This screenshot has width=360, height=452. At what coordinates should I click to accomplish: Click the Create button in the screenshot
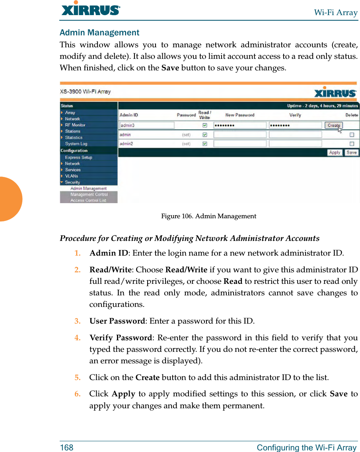[333, 125]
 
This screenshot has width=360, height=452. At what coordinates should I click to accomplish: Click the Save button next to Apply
[351, 153]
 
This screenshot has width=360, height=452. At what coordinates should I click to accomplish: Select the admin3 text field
[147, 125]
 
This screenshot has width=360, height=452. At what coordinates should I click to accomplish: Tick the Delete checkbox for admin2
[352, 144]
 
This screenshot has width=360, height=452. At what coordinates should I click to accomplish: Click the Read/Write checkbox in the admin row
[204, 135]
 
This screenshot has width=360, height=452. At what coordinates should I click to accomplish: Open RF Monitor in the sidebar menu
[75, 125]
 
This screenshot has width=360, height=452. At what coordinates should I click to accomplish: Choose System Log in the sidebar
[76, 144]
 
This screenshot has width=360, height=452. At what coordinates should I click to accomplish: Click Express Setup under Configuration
[78, 157]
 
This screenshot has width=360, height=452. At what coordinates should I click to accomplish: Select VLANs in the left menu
[72, 176]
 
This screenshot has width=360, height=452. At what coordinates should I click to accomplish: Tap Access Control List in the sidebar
[88, 200]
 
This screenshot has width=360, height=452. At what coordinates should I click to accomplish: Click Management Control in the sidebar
[89, 194]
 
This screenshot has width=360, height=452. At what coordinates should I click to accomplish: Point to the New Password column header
[239, 115]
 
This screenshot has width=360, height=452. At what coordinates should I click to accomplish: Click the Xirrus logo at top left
[91, 9]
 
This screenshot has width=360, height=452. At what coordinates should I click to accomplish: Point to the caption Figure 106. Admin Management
[208, 216]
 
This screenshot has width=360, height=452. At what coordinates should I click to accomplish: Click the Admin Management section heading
[99, 33]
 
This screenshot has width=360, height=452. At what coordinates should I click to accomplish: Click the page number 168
[66, 448]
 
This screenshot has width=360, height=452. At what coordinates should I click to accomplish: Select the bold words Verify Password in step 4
[121, 338]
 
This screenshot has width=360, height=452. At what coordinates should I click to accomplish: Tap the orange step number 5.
[78, 377]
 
